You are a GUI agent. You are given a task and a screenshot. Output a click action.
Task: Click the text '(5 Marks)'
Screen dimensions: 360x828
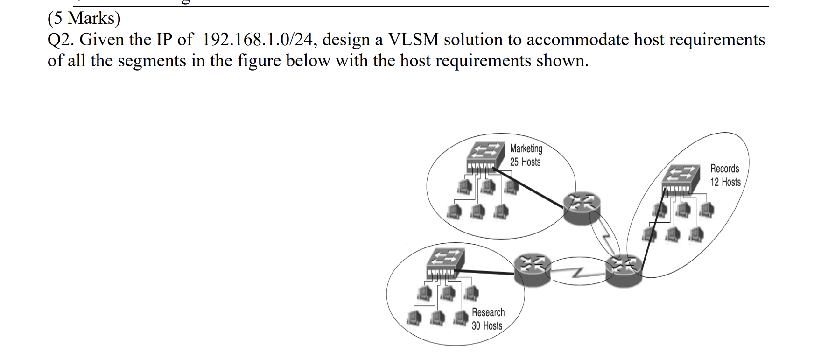click(x=84, y=18)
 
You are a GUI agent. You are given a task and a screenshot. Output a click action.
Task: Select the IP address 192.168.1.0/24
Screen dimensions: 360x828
click(x=259, y=40)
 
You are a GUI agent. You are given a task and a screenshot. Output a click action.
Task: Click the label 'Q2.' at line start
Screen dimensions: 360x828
click(x=61, y=40)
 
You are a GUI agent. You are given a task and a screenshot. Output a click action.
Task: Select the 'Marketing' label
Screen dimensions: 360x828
click(x=526, y=148)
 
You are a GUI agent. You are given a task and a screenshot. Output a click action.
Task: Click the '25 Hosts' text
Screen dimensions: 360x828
click(x=525, y=162)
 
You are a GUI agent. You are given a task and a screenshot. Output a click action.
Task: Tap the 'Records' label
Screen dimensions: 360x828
click(x=724, y=169)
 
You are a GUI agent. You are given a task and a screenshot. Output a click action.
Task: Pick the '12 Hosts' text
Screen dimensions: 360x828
click(x=725, y=182)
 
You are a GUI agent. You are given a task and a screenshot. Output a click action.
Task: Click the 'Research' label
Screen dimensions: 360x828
click(x=488, y=312)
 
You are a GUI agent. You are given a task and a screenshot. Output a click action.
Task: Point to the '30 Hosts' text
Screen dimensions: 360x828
click(x=487, y=326)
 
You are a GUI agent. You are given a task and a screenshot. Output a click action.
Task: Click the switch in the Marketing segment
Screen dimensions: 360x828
click(x=486, y=156)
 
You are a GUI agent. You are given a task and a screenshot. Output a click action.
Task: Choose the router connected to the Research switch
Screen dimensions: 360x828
click(x=532, y=270)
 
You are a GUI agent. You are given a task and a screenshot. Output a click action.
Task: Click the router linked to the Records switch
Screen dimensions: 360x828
click(x=623, y=271)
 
